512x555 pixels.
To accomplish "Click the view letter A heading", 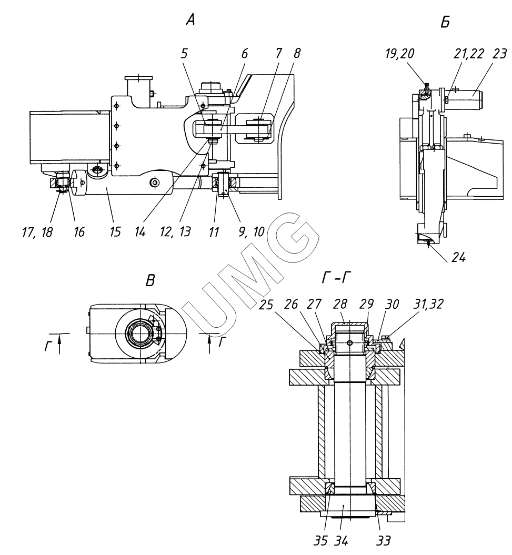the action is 190,21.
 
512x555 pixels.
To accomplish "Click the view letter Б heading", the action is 445,22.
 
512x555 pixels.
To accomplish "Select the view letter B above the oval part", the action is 150,280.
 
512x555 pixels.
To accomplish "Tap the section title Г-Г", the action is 336,279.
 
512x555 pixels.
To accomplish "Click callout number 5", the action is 184,54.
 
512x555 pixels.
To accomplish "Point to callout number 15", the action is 115,232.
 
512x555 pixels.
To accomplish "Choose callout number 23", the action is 500,54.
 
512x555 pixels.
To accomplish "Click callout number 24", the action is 458,258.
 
